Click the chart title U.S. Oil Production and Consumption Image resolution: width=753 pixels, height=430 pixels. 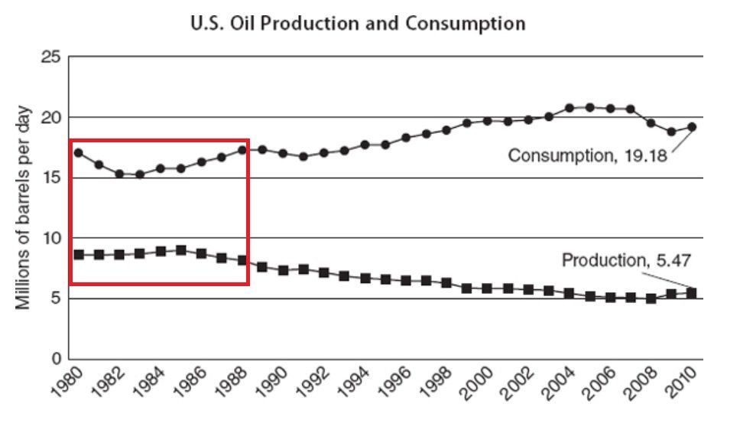(x=358, y=24)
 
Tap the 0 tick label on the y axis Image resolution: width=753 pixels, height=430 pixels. (x=54, y=358)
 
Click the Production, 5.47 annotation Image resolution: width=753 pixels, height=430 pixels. (x=627, y=260)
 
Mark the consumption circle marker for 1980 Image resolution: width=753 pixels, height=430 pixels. (x=78, y=153)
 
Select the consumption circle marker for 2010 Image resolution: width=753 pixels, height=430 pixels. (x=692, y=127)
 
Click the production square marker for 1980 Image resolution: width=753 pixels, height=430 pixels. (x=78, y=254)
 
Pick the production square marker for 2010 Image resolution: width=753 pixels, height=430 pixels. (x=692, y=293)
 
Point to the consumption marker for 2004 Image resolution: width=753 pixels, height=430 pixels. (x=570, y=108)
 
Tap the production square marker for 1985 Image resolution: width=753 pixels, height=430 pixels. (x=180, y=250)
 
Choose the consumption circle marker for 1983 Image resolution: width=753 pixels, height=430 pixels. (x=140, y=174)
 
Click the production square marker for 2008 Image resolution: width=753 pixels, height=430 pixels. (x=651, y=298)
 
